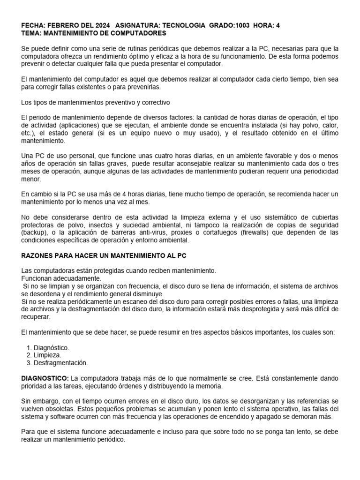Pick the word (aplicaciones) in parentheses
pos(71,126)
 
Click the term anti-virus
pos(162,233)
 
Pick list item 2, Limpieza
pos(47,355)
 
